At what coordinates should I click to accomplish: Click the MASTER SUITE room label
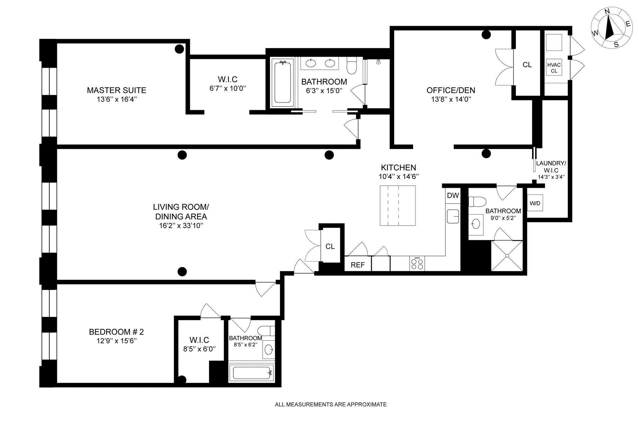pos(116,90)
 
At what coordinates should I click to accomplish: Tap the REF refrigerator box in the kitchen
pos(358,265)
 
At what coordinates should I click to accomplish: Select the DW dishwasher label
pos(453,196)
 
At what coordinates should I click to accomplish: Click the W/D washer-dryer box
pos(535,203)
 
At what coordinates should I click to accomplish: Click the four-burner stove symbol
pos(417,264)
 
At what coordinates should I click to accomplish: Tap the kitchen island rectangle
pos(398,205)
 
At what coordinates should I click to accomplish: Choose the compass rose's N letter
pos(607,21)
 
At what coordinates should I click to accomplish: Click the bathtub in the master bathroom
pos(282,82)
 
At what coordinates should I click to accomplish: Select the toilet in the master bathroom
pos(352,65)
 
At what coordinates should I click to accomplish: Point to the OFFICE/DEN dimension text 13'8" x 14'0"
pos(451,99)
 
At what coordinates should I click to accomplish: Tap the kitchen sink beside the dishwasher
pos(453,216)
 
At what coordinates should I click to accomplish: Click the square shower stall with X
pos(507,256)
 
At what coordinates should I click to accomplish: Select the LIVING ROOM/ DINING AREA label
pos(181,212)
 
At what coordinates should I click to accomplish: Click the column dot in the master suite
pos(179,49)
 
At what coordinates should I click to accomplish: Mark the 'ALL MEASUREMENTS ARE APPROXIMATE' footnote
pos(331,405)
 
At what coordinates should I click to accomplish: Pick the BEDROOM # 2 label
pos(116,332)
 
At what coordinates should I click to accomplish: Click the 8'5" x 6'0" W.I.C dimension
pos(199,349)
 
